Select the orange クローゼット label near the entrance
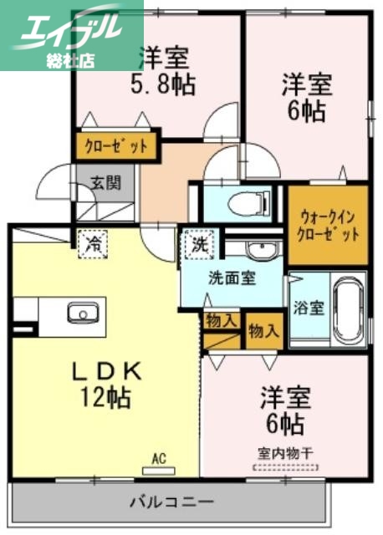pos(116,147)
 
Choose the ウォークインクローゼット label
pos(328,223)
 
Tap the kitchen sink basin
pos(83,314)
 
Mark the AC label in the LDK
pos(159,457)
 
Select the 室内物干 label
pos(284,453)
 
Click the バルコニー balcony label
pos(171,503)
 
